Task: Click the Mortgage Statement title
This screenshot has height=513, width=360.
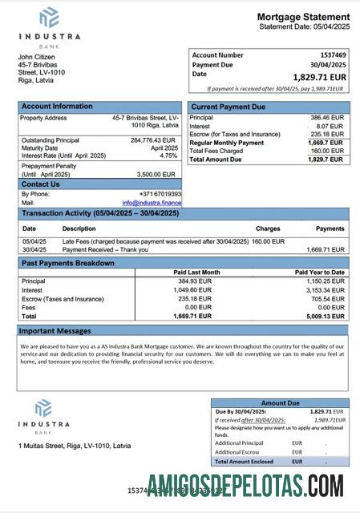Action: pyautogui.click(x=303, y=17)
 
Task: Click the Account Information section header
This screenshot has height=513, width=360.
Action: pyautogui.click(x=57, y=106)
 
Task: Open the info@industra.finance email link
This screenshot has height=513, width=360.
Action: pyautogui.click(x=152, y=203)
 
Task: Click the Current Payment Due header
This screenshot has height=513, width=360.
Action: pyautogui.click(x=227, y=106)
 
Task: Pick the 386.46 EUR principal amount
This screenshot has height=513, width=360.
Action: pyautogui.click(x=326, y=117)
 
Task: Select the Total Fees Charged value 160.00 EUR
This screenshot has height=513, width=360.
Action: pyautogui.click(x=326, y=151)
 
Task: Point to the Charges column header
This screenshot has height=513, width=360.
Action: pyautogui.click(x=268, y=229)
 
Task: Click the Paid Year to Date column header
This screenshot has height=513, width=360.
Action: pyautogui.click(x=320, y=273)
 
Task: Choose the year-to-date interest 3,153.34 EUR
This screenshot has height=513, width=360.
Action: pyautogui.click(x=326, y=289)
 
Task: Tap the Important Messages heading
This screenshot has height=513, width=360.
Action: pyautogui.click(x=56, y=329)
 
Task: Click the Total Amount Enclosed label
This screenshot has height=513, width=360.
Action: pyautogui.click(x=244, y=462)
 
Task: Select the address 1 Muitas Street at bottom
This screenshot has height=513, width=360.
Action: pyautogui.click(x=75, y=445)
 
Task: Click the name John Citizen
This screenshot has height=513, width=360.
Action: pyautogui.click(x=38, y=56)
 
